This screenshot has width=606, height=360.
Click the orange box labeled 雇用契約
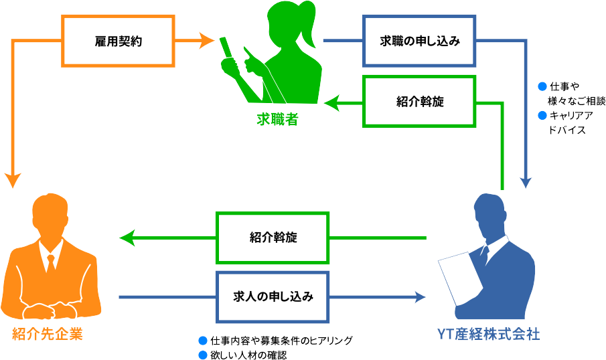(118, 41)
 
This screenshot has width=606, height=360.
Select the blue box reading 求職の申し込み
(420, 41)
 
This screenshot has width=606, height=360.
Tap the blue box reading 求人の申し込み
(273, 296)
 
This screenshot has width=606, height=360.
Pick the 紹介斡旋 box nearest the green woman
(420, 102)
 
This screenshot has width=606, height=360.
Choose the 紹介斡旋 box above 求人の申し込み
(273, 238)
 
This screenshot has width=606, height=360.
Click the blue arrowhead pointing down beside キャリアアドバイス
(528, 181)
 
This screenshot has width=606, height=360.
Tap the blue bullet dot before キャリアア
(542, 116)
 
